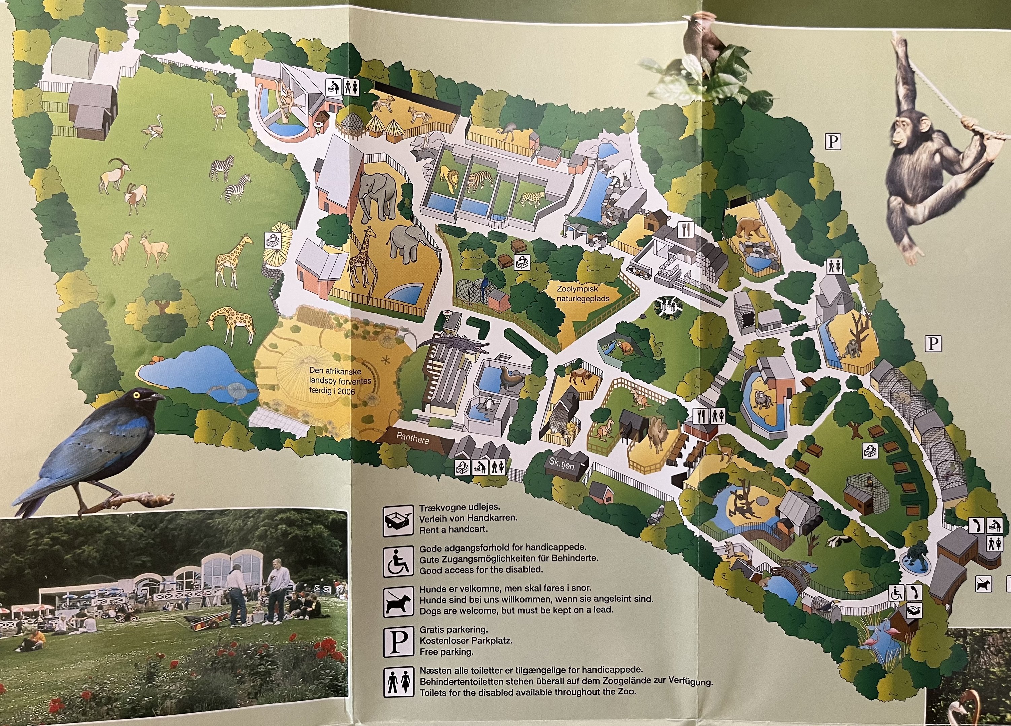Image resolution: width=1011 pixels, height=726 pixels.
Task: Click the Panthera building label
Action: (412, 438)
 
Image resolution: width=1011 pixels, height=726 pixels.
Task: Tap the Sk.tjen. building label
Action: (562, 462)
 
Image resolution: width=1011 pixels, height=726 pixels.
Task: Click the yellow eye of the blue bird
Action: (136, 394)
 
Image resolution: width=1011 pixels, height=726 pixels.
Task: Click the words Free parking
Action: (446, 652)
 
